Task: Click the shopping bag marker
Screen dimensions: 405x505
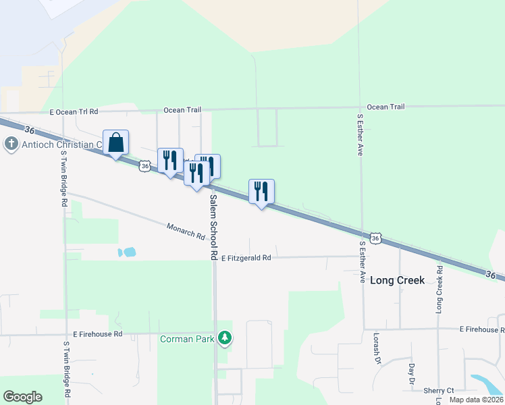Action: [115, 143]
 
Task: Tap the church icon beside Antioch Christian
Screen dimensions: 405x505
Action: [11, 144]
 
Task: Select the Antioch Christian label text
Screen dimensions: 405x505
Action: [61, 144]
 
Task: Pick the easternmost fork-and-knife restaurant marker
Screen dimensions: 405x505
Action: [261, 192]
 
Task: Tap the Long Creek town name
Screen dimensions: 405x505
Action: [398, 280]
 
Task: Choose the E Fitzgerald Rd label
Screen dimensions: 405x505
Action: [246, 258]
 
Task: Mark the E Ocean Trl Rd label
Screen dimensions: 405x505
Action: [74, 111]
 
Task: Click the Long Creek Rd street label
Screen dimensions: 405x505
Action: [440, 289]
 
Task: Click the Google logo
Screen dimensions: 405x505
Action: [22, 397]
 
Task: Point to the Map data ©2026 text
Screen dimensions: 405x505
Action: [477, 400]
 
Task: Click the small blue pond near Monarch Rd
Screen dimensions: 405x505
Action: [127, 252]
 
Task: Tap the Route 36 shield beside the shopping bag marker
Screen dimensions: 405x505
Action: [144, 165]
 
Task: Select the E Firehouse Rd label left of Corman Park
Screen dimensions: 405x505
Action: [98, 334]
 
